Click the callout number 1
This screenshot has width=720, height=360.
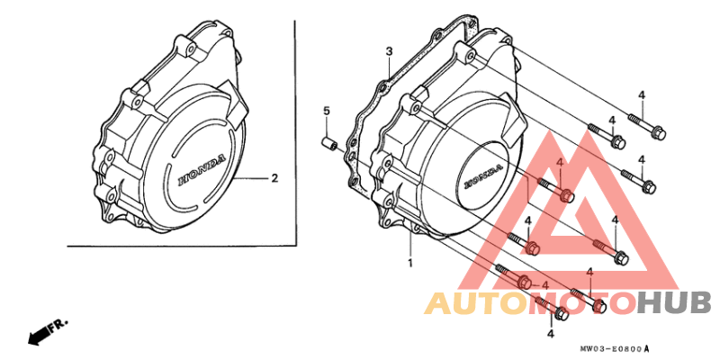click(x=410, y=264)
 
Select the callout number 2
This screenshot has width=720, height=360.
click(x=274, y=178)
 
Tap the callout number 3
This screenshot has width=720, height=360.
click(x=389, y=51)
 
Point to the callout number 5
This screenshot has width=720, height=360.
click(x=327, y=111)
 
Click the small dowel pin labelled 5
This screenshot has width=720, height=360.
click(x=328, y=143)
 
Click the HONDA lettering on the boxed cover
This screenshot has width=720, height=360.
click(x=202, y=170)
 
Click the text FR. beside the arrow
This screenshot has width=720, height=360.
click(x=58, y=324)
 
